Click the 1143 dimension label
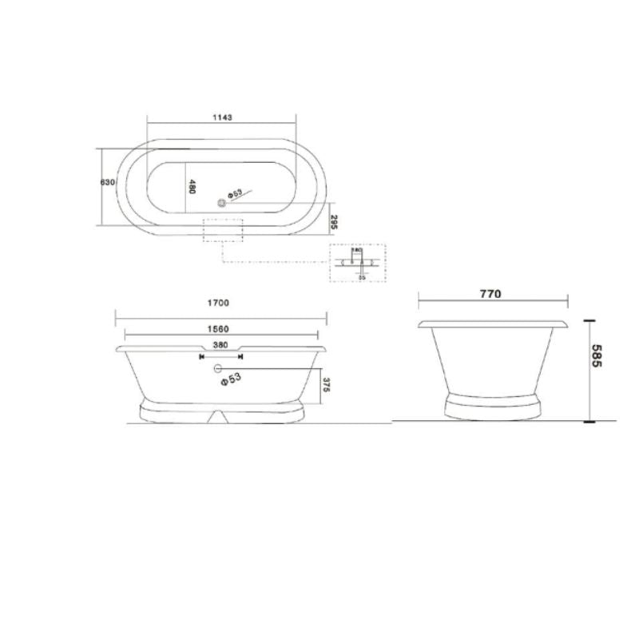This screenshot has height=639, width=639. (222, 117)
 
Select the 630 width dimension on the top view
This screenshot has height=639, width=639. (109, 182)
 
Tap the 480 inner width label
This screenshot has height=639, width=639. (192, 188)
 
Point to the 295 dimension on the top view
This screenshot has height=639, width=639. (335, 221)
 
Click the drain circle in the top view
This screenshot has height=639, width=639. (223, 202)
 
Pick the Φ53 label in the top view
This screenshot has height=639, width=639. (234, 193)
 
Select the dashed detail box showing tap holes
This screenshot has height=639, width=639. (357, 263)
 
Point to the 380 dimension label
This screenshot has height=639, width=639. (220, 345)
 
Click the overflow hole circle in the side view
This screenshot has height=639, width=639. (217, 368)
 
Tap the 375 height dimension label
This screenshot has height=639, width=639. (326, 385)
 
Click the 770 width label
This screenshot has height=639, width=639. (490, 294)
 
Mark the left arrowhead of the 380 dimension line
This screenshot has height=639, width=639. (200, 356)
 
